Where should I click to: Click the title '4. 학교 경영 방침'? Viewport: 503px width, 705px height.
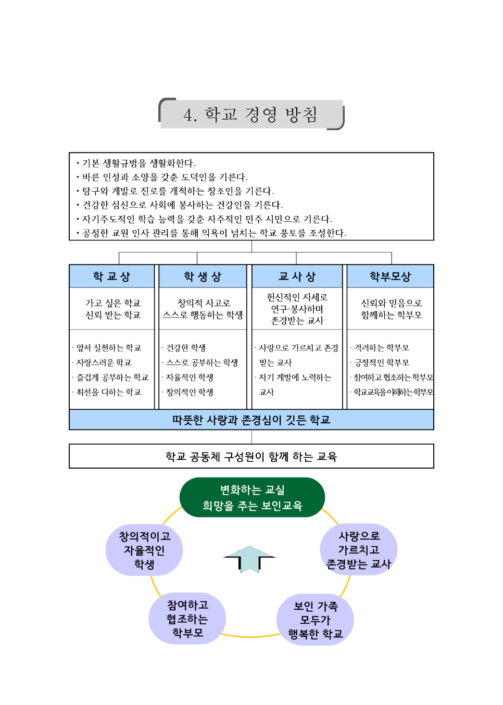(x=251, y=115)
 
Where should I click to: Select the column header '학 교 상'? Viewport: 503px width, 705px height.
(x=111, y=276)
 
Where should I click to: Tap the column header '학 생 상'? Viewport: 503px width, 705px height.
(x=203, y=276)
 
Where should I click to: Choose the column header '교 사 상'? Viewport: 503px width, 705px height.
(x=297, y=276)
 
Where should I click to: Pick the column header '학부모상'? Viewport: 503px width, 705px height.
(x=390, y=276)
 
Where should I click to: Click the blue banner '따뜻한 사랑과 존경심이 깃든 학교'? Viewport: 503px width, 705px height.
(x=251, y=420)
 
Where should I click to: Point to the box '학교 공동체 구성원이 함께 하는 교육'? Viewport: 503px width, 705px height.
(x=251, y=457)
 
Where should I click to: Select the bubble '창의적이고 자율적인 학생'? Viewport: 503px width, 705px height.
(x=144, y=550)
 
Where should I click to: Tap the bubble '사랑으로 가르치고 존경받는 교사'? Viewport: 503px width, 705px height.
(x=359, y=550)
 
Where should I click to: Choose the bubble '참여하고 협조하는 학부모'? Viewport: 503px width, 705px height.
(x=187, y=619)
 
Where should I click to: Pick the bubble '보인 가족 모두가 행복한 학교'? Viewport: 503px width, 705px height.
(x=315, y=620)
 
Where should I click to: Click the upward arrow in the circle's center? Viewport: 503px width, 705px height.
(x=250, y=559)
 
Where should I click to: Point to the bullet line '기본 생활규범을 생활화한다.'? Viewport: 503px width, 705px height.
(x=139, y=163)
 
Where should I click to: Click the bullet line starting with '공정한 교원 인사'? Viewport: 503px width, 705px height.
(x=213, y=233)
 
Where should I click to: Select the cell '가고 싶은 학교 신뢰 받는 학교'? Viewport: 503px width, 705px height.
(x=113, y=309)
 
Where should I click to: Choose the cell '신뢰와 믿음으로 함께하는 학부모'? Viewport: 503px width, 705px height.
(x=391, y=309)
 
